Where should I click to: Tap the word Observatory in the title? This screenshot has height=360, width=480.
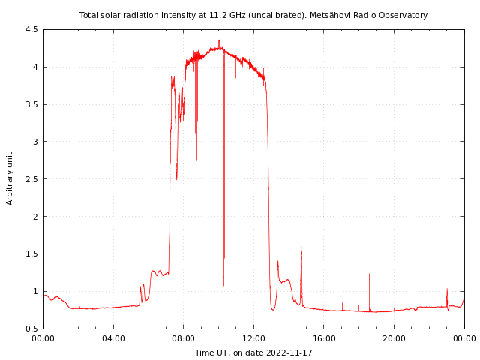point(403,15)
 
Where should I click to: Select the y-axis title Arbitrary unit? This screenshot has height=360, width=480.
point(10,178)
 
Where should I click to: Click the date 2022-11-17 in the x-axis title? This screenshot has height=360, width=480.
point(288,352)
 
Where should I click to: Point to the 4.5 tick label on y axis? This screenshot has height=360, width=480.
point(31,30)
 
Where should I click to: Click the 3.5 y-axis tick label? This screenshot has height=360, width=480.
point(31,104)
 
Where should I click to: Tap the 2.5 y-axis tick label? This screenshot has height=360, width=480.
point(31,179)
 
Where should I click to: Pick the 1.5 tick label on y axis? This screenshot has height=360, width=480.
point(31,254)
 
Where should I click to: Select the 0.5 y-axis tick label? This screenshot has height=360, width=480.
point(31,328)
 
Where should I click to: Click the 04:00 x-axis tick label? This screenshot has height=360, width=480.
point(113,339)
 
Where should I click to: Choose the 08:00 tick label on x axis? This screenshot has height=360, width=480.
point(183,339)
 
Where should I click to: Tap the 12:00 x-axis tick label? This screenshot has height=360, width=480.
point(253,339)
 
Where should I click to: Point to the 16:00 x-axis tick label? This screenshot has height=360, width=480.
point(324,339)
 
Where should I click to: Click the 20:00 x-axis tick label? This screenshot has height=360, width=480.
point(394,339)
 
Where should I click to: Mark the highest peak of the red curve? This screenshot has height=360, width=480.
point(219,40)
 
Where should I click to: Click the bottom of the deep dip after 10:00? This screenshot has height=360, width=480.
point(223,286)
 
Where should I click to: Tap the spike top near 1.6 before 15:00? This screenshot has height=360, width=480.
point(301,247)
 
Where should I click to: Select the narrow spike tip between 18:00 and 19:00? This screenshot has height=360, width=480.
point(369,274)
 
